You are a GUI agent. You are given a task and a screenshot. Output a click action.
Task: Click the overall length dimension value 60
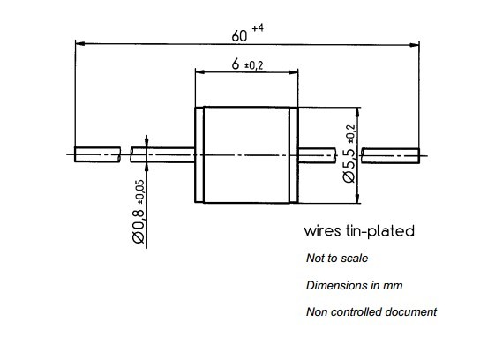tap(239, 36)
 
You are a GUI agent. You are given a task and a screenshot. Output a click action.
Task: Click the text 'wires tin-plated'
tap(358, 232)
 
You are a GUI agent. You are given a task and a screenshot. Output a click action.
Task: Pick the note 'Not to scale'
tap(336, 259)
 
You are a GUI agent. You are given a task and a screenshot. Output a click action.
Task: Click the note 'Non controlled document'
tap(371, 312)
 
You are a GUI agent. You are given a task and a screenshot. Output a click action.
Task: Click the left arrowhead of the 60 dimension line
tap(80, 43)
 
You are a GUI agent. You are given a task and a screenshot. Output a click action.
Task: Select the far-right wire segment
tap(389, 154)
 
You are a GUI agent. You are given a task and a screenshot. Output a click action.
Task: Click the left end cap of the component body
tap(199, 154)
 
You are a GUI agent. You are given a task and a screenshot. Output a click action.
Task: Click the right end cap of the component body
tap(289, 154)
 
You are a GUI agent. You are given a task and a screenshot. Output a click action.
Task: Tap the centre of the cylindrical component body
tap(244, 154)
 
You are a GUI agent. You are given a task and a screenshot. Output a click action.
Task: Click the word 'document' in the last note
tap(409, 312)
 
